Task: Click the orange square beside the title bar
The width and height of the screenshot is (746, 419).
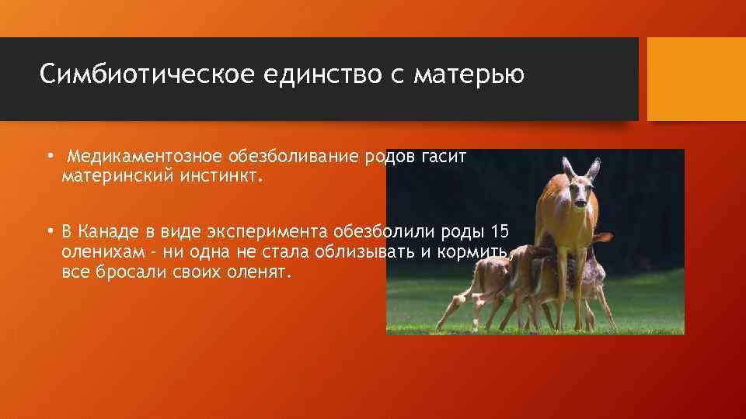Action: [x=695, y=79]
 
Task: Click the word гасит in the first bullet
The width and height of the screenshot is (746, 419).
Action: [x=444, y=157]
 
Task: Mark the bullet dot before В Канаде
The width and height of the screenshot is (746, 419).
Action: [x=49, y=230]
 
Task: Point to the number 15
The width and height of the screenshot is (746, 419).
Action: [x=500, y=231]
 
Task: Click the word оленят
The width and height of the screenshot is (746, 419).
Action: [x=260, y=273]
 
